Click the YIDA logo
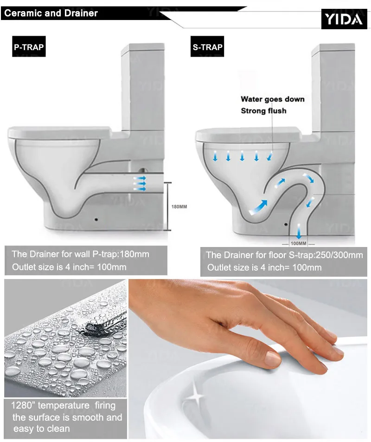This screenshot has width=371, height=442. pyautogui.click(x=344, y=19)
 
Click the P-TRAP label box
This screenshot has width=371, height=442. pyautogui.click(x=29, y=46)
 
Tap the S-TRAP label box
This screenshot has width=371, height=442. pyautogui.click(x=207, y=46)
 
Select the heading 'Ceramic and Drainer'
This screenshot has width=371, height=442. pyautogui.click(x=51, y=13)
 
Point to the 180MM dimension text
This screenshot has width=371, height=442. pyautogui.click(x=179, y=207)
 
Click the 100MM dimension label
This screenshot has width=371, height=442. pyautogui.click(x=298, y=243)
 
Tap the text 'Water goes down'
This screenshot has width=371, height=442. pyautogui.click(x=273, y=99)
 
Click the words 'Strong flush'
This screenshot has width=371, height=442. pyautogui.click(x=263, y=110)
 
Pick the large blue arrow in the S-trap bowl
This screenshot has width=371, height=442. pyautogui.click(x=258, y=208)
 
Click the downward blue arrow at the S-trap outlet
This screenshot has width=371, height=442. pyautogui.click(x=299, y=231)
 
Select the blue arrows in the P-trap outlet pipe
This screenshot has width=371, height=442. pyautogui.click(x=140, y=183)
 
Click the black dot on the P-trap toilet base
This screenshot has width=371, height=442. pyautogui.click(x=96, y=219)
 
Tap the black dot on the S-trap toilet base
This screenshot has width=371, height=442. pyautogui.click(x=286, y=224)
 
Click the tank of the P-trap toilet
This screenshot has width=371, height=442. pyautogui.click(x=143, y=87)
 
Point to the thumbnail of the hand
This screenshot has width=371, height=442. pyautogui.click(x=248, y=358)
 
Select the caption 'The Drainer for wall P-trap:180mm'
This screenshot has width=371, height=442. pyautogui.click(x=81, y=254)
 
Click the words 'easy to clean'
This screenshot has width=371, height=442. pyautogui.click(x=41, y=429)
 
